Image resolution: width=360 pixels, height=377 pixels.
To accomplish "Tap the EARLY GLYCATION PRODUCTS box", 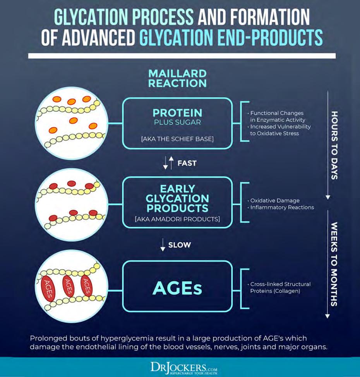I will pyautogui.click(x=177, y=201).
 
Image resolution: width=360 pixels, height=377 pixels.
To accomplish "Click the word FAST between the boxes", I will pyautogui.click(x=187, y=163).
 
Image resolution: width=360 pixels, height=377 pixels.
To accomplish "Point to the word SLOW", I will pyautogui.click(x=179, y=245).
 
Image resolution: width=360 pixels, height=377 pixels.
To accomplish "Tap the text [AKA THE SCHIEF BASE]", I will pyautogui.click(x=177, y=139).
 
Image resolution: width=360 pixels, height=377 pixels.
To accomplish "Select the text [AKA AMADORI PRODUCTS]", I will pyautogui.click(x=177, y=219).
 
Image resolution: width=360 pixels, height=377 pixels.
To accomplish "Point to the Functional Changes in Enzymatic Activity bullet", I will pyautogui.click(x=277, y=116).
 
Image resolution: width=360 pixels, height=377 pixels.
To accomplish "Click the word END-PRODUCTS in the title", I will pyautogui.click(x=267, y=38).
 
